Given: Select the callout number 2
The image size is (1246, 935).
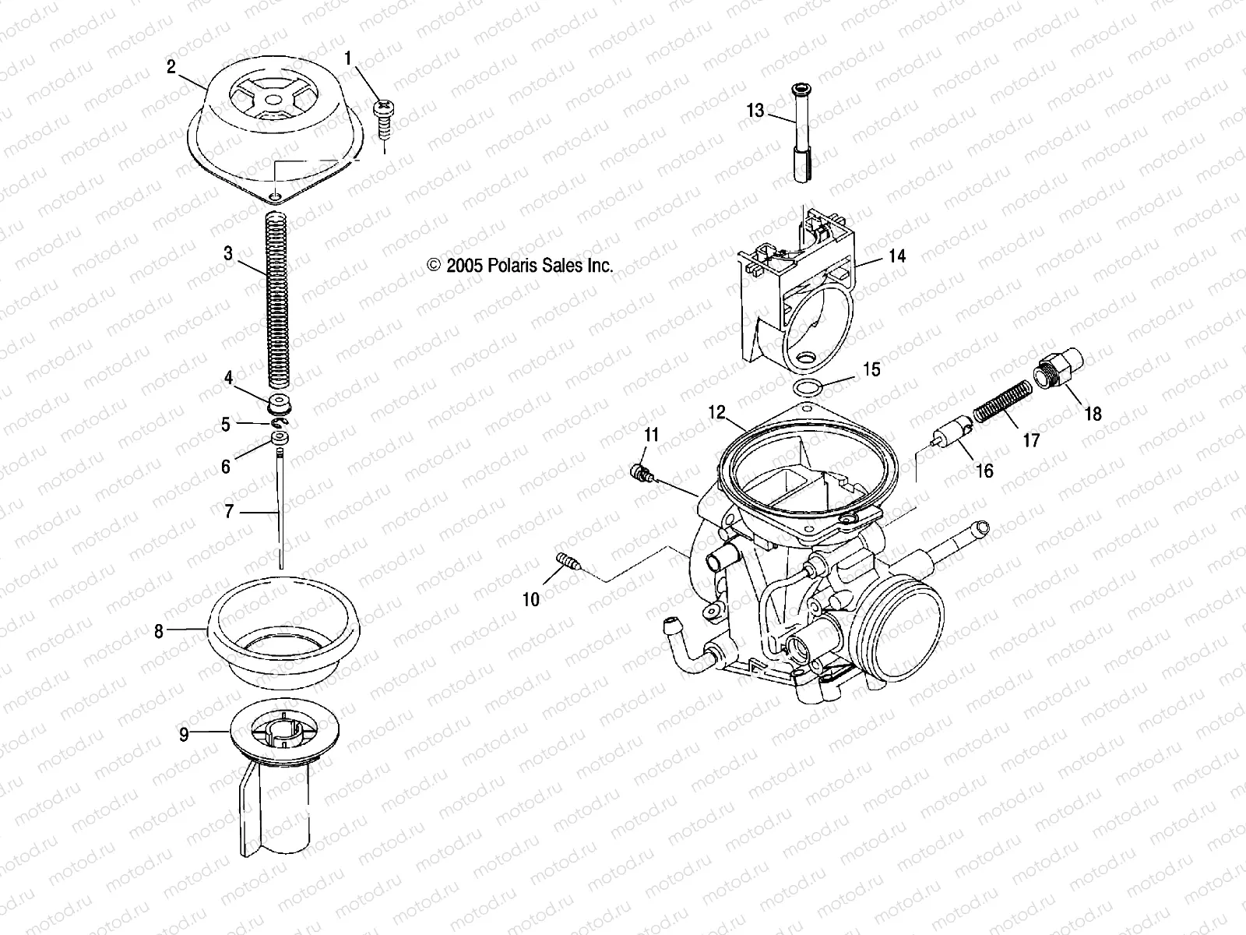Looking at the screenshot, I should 171,66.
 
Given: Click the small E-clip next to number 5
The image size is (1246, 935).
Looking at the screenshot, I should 280,422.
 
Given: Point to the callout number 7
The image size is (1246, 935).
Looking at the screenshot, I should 228,512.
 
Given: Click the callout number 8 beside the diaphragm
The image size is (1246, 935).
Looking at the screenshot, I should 159,631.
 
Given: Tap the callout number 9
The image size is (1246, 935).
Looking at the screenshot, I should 184,734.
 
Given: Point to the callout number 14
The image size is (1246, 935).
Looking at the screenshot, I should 897,256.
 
